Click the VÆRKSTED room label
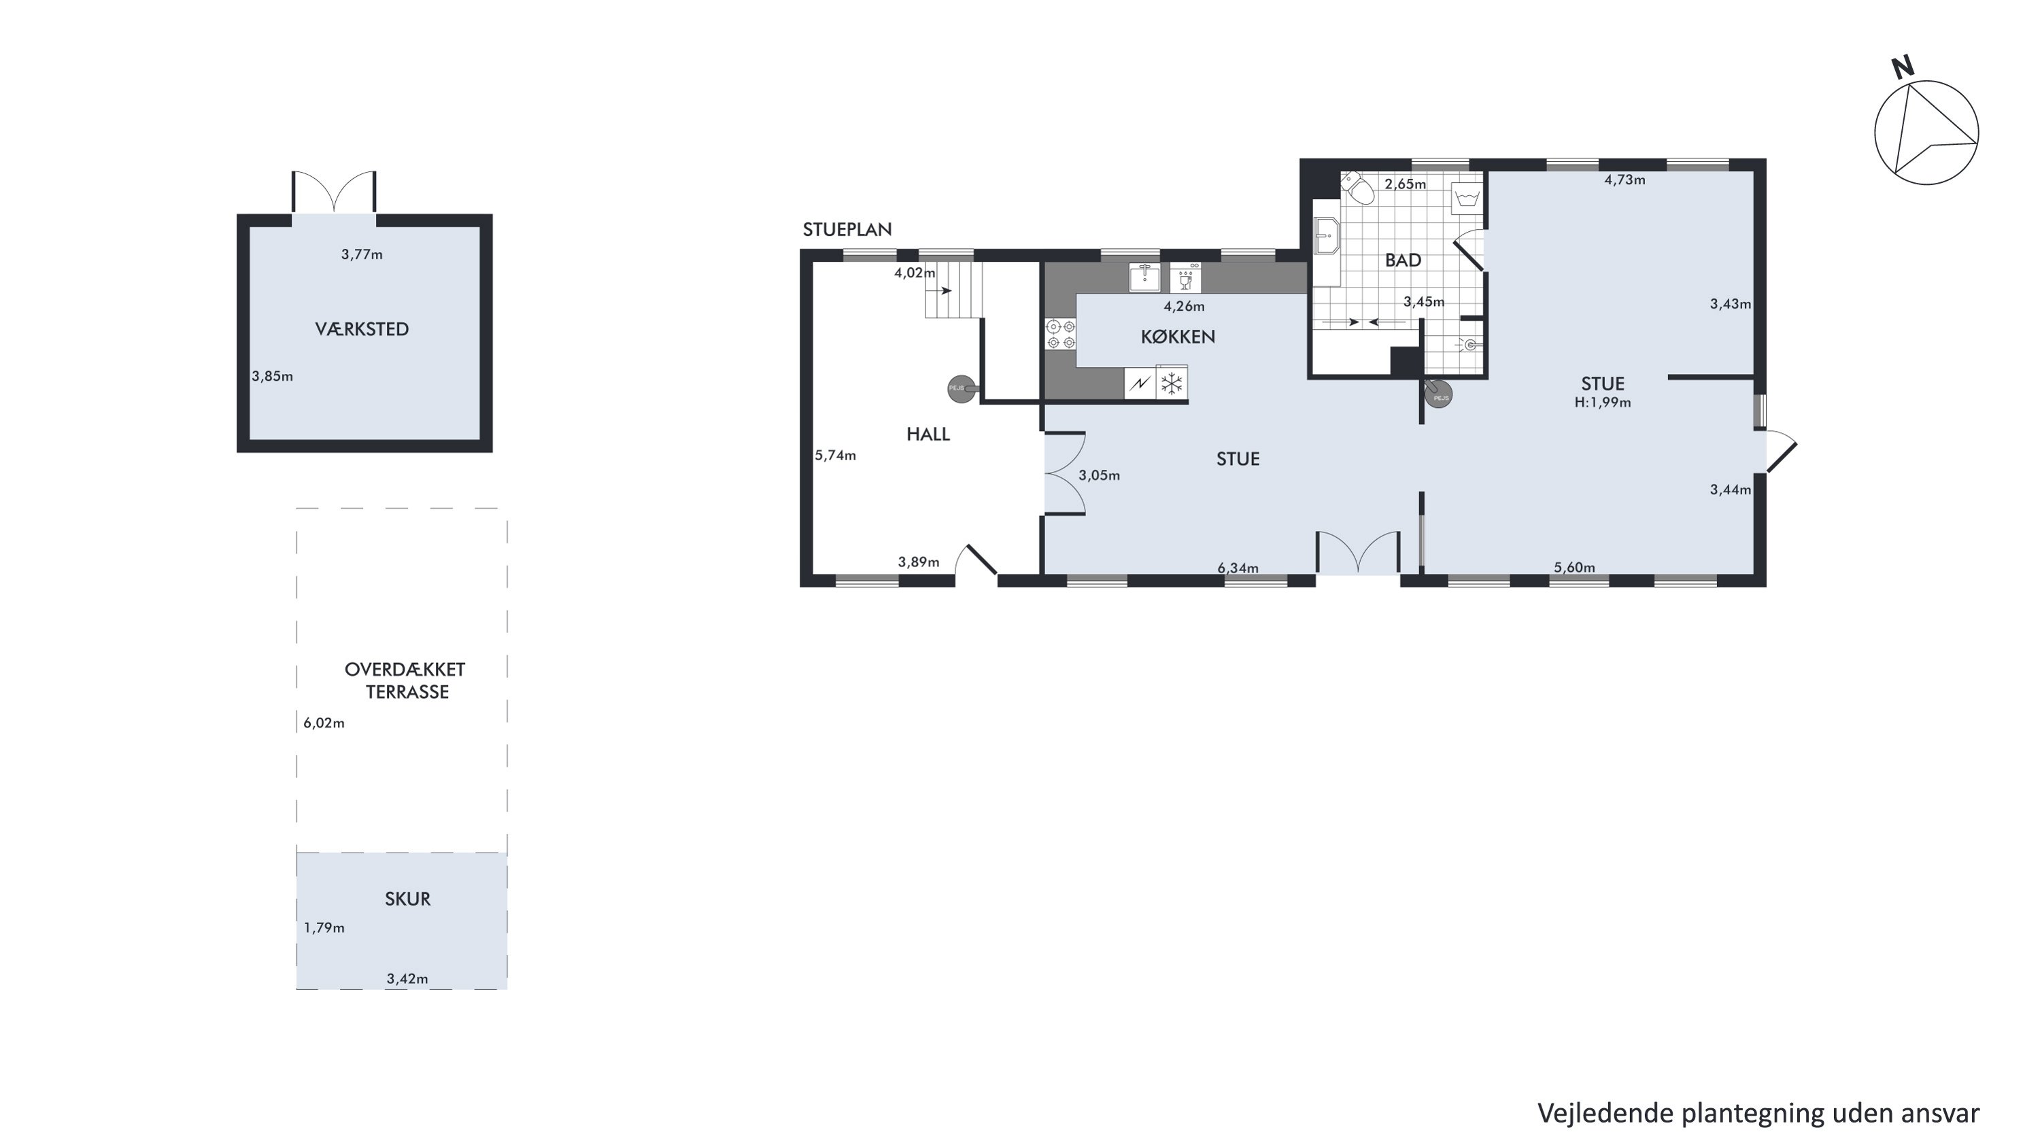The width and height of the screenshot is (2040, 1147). pyautogui.click(x=362, y=329)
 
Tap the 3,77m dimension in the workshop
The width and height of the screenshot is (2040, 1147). pyautogui.click(x=362, y=254)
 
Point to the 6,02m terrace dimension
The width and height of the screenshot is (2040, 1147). pyautogui.click(x=324, y=723)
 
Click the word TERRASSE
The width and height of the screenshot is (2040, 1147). pyautogui.click(x=407, y=692)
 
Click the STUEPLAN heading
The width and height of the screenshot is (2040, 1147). pyautogui.click(x=847, y=230)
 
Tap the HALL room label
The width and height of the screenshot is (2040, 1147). pyautogui.click(x=928, y=434)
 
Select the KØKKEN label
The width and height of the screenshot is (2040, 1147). pyautogui.click(x=1178, y=337)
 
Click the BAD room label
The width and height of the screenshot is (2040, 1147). pyautogui.click(x=1402, y=260)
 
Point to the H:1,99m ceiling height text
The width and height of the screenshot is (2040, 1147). pyautogui.click(x=1603, y=402)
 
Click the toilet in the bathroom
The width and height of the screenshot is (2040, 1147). pyautogui.click(x=1357, y=188)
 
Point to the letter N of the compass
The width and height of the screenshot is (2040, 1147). pyautogui.click(x=1903, y=68)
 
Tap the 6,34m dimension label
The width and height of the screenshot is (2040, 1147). pyautogui.click(x=1238, y=568)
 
